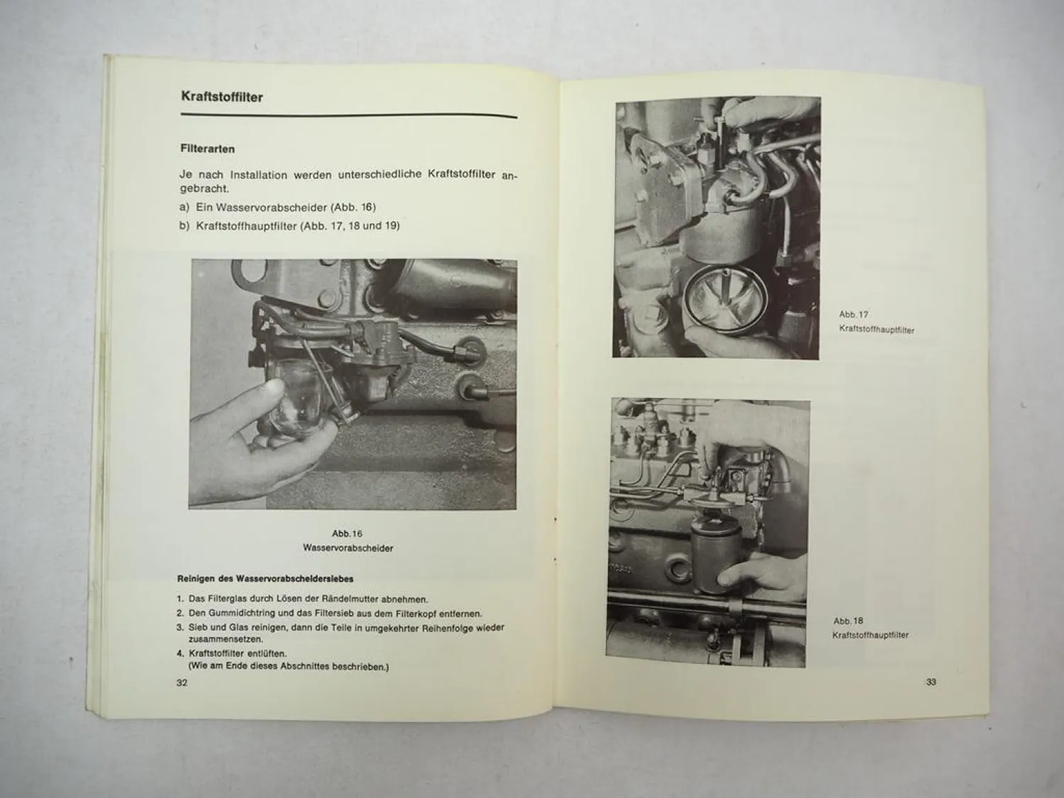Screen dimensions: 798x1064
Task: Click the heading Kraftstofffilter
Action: [221, 96]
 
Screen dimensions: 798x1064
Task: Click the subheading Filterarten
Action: [207, 150]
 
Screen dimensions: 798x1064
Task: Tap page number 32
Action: [182, 682]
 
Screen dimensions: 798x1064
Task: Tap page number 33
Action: [931, 682]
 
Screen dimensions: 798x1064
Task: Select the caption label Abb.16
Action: [347, 533]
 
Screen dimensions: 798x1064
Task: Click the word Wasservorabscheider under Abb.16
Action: [348, 548]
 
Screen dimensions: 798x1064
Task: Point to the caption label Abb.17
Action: [853, 314]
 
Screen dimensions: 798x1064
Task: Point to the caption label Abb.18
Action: [848, 621]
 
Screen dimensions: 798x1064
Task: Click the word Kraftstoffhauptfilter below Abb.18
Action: [870, 636]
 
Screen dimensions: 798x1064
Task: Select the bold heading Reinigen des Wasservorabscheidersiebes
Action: [265, 579]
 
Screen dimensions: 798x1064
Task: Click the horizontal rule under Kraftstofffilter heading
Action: [348, 116]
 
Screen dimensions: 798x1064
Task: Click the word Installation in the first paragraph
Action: [258, 174]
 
